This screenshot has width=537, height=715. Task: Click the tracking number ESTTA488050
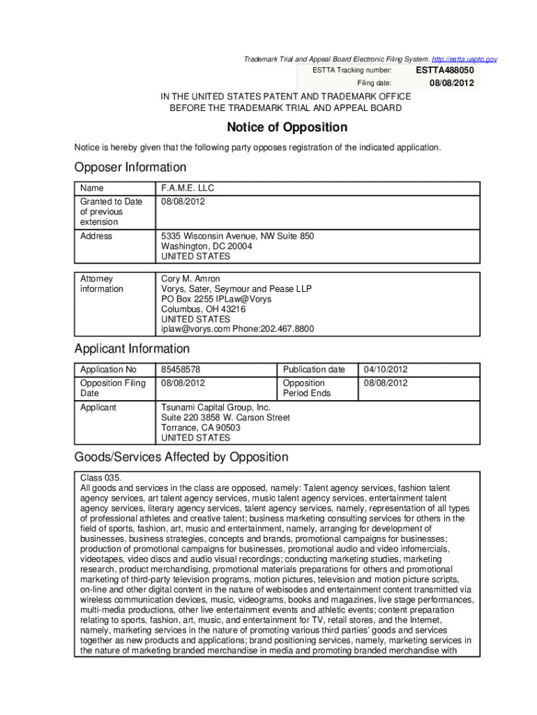click(x=445, y=71)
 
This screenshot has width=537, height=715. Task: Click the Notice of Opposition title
click(x=287, y=128)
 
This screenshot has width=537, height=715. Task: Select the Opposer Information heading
click(x=130, y=168)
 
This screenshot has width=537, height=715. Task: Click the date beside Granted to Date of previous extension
click(x=183, y=202)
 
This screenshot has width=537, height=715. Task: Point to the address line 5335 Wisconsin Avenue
click(x=237, y=237)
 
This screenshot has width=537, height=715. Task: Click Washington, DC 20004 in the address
click(x=206, y=246)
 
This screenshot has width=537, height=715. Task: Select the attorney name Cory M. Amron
click(x=190, y=279)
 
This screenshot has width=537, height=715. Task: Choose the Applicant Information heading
click(x=132, y=349)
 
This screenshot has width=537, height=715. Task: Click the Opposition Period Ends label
click(x=306, y=388)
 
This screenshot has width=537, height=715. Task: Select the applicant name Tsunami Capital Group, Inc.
click(x=215, y=408)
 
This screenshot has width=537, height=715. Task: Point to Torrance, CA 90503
click(x=200, y=428)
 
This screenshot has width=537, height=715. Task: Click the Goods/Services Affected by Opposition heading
click(x=181, y=457)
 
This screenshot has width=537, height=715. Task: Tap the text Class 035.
click(x=101, y=478)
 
